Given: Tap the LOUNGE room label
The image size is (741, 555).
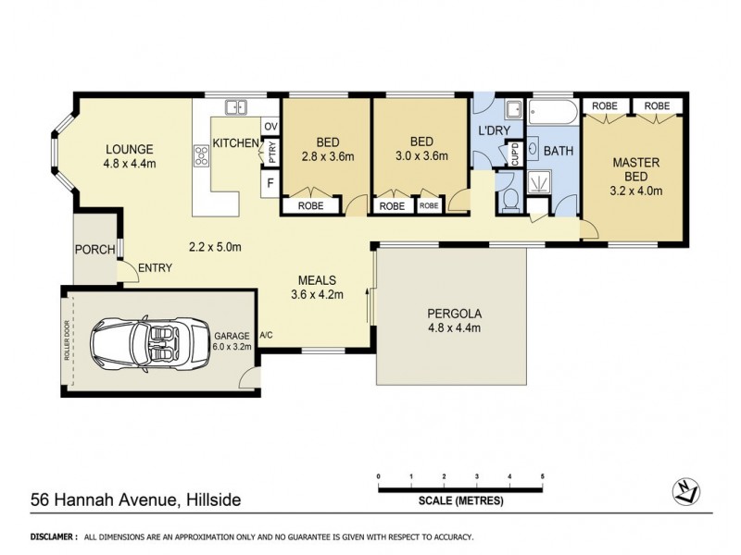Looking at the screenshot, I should tap(129, 149).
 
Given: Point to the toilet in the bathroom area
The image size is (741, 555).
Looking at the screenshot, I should tap(506, 197).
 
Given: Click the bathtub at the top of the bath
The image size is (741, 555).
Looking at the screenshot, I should tap(553, 113).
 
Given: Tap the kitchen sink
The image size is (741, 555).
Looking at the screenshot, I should tap(236, 107).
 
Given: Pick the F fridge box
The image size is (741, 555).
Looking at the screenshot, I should tap(270, 183).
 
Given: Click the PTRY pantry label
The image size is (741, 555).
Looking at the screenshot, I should tap(271, 154).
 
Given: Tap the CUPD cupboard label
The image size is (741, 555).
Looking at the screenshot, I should tap(516, 155).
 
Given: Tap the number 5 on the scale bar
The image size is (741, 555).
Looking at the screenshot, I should tap(542, 475).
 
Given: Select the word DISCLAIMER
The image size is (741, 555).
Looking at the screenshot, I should tap(53, 536).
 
